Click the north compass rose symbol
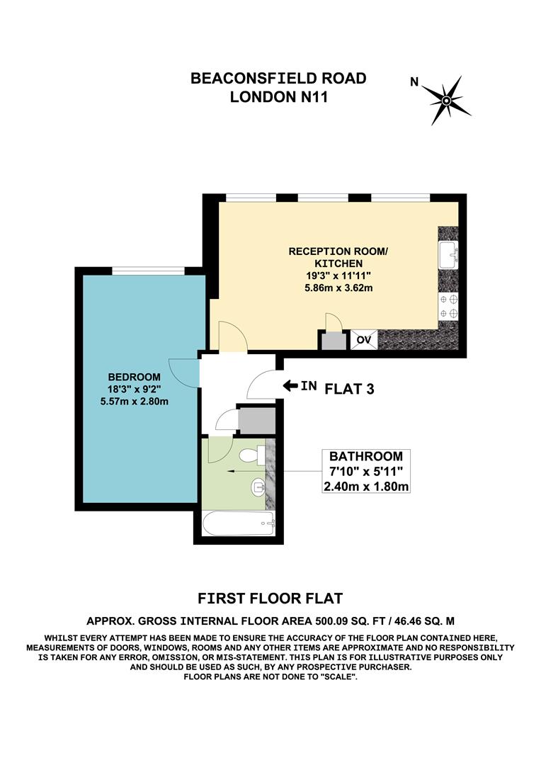446,100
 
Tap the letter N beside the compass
414,82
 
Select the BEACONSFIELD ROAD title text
278,79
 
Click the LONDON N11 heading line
278,98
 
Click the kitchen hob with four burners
449,305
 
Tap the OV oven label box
364,341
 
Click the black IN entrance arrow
291,386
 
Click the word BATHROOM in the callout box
365,457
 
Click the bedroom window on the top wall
149,270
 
